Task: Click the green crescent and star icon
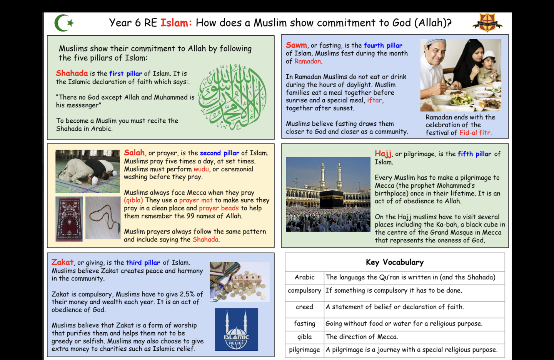(x=63, y=23)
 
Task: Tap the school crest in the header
(x=487, y=23)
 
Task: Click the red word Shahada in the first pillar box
(x=72, y=73)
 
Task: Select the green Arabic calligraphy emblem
(x=233, y=97)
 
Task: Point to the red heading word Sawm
(x=296, y=45)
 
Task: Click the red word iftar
(x=374, y=100)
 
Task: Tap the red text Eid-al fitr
(x=475, y=133)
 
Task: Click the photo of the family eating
(x=461, y=75)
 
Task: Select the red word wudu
(x=201, y=169)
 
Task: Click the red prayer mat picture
(x=69, y=219)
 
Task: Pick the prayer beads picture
(x=103, y=218)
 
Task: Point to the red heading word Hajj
(x=383, y=154)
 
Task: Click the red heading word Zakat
(x=62, y=262)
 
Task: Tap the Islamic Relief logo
(x=237, y=330)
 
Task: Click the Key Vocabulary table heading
(x=395, y=262)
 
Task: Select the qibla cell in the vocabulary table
(x=304, y=337)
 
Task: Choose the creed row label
(x=304, y=307)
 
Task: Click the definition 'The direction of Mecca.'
(x=362, y=337)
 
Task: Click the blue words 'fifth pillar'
(x=474, y=154)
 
